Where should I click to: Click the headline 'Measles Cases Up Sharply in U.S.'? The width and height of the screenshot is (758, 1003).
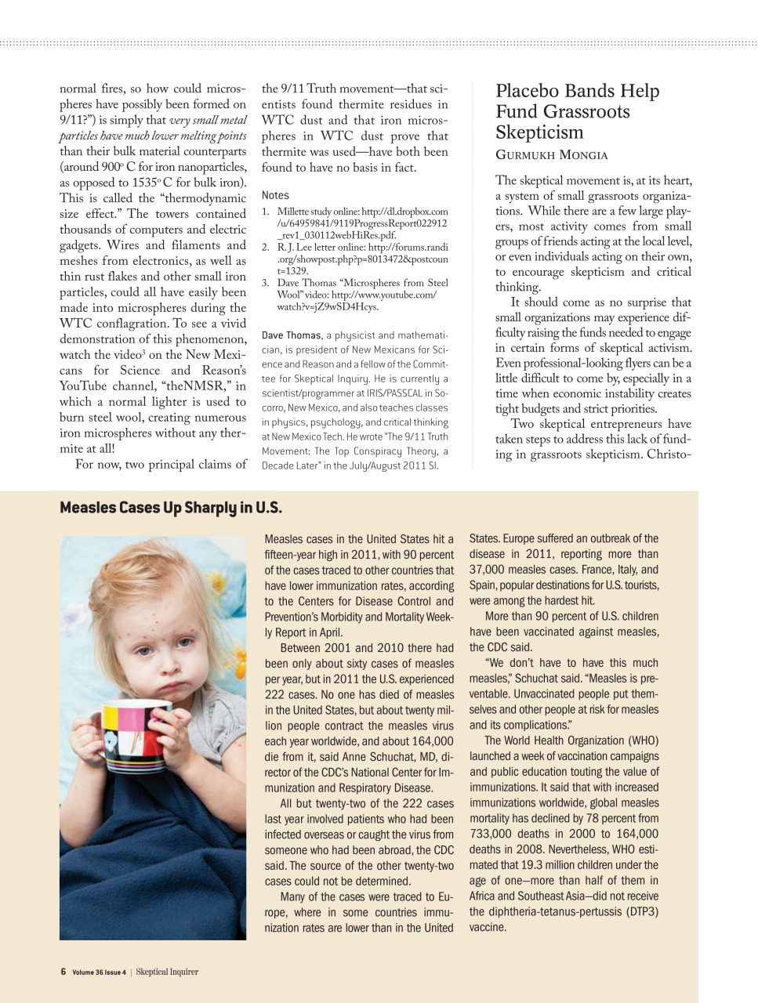pyautogui.click(x=170, y=508)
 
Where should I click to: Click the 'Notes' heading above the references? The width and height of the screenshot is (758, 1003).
pyautogui.click(x=275, y=195)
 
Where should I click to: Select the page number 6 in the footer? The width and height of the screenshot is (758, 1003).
pyautogui.click(x=63, y=972)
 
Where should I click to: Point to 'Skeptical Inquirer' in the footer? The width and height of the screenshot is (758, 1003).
pyautogui.click(x=167, y=972)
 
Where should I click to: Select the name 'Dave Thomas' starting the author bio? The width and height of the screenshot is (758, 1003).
pyautogui.click(x=292, y=335)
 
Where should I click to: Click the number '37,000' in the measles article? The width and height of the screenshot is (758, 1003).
pyautogui.click(x=491, y=570)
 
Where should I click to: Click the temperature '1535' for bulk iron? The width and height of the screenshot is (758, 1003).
pyautogui.click(x=146, y=183)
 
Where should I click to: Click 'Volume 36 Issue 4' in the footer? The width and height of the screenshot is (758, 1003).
pyautogui.click(x=99, y=972)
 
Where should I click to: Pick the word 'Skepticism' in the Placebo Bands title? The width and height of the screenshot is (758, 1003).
pyautogui.click(x=539, y=132)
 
